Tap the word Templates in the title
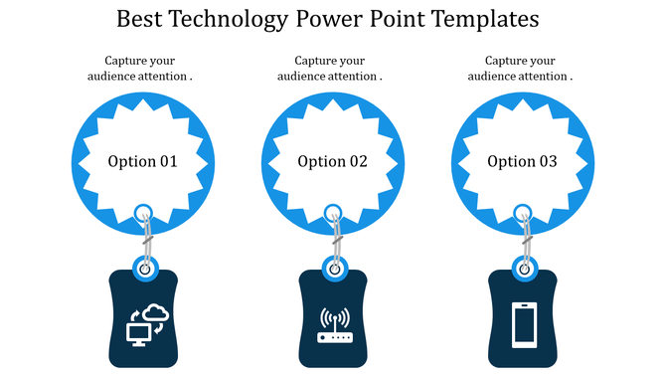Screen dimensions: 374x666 (x=487, y=18)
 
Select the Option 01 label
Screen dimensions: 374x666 (x=142, y=161)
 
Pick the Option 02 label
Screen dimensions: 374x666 (x=333, y=161)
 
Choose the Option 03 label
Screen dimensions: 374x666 (x=523, y=161)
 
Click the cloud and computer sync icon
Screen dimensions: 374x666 (x=145, y=324)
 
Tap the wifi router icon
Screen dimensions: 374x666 (x=335, y=326)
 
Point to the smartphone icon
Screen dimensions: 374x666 (x=524, y=324)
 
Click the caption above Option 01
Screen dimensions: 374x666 (x=142, y=68)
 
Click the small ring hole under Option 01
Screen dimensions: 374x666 (x=143, y=212)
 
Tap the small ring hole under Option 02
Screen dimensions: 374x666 (x=334, y=212)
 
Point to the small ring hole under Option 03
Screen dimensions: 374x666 (x=524, y=212)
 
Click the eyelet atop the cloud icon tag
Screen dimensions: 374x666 (x=145, y=268)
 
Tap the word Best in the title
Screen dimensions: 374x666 (x=139, y=18)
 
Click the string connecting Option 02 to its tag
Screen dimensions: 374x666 (x=335, y=240)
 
